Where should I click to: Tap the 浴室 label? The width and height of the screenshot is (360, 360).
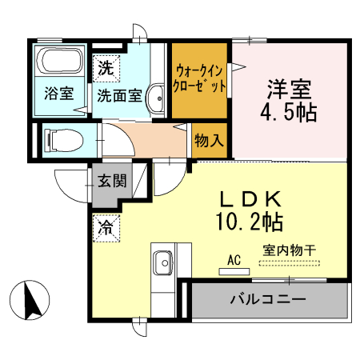pos(58,94)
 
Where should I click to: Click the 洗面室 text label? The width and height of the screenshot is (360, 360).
pos(119,94)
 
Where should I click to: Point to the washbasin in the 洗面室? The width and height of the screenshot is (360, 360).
pos(156,96)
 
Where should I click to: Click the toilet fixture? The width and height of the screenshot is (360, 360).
pos(64,139)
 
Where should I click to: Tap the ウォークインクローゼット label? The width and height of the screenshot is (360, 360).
pos(200,78)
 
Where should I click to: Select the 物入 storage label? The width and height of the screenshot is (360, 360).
pos(208,141)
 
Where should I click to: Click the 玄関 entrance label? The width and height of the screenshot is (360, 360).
pos(112,180)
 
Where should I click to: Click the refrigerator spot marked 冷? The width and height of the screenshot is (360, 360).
pos(105,227)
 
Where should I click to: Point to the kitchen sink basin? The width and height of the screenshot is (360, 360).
pos(162,261)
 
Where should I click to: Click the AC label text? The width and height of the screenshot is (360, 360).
pos(234,259)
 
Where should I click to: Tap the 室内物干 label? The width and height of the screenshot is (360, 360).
pos(289,250)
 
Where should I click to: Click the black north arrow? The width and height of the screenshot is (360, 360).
pos(33,301)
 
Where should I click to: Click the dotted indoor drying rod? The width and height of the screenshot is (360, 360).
pos(289,263)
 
